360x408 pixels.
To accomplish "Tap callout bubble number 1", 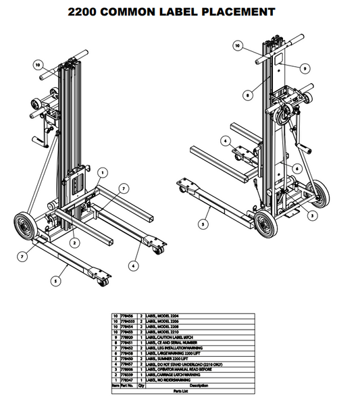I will point(101,172).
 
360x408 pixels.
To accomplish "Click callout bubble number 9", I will point(305,68).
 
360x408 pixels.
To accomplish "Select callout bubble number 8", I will point(249,96).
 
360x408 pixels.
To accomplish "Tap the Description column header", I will point(198,386).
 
